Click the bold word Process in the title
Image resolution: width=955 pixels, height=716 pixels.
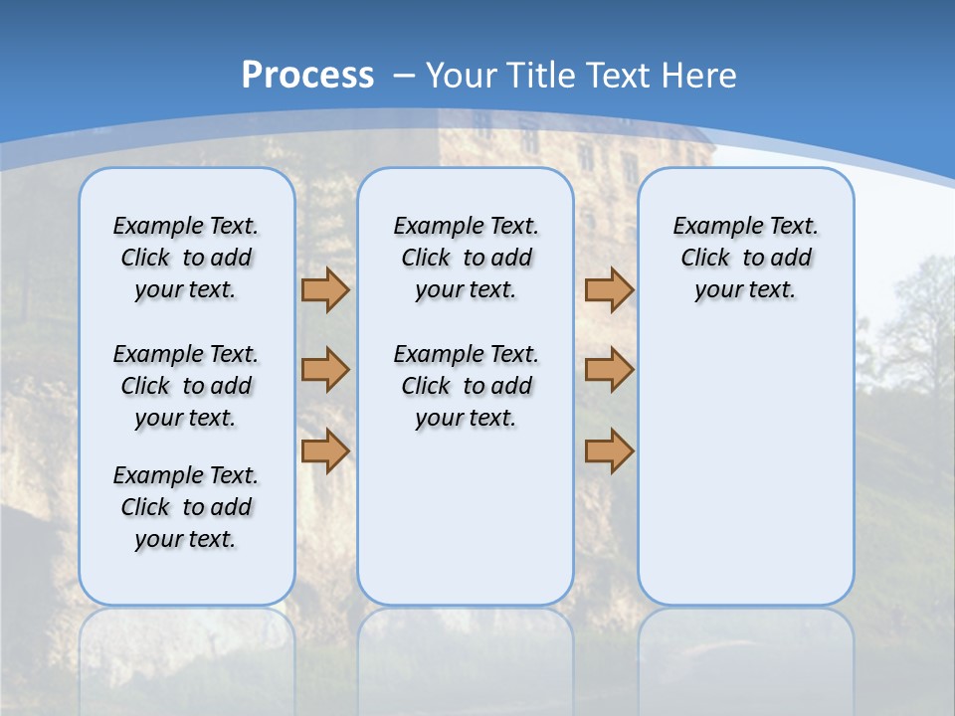coord(307,76)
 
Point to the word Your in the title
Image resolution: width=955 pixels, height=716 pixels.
coord(462,76)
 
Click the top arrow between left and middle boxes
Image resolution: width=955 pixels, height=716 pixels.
coord(325,289)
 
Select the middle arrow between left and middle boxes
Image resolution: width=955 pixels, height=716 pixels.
coord(325,370)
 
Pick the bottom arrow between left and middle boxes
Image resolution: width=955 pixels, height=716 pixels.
coord(325,450)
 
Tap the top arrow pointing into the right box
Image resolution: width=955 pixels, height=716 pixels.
coord(609,289)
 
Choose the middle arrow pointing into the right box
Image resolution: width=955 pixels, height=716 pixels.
coord(609,370)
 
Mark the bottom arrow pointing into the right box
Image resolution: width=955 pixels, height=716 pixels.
coord(609,450)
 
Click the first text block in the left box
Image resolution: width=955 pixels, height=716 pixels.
coord(186,258)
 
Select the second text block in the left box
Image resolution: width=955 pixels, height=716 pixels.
coord(186,386)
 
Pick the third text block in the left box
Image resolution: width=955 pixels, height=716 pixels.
coord(186,507)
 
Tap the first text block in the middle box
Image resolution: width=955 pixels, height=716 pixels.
coord(466,258)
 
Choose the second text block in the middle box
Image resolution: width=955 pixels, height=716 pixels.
coord(466,386)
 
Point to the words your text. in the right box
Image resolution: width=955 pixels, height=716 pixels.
coord(745,290)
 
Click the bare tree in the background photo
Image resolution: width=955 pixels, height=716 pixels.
coord(915,318)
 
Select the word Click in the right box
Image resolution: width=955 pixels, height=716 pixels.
coord(704,259)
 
